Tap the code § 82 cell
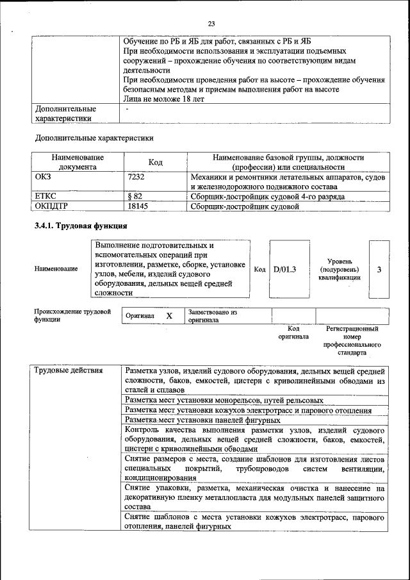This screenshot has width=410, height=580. pyautogui.click(x=135, y=196)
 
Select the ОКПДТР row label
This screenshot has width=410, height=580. pyautogui.click(x=52, y=206)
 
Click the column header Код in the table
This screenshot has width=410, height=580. pyautogui.click(x=154, y=162)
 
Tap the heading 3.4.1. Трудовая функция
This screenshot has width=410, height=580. pyautogui.click(x=81, y=226)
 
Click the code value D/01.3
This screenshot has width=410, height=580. pyautogui.click(x=285, y=270)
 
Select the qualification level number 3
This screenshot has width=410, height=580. pyautogui.click(x=379, y=270)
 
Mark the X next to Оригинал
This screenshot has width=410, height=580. pyautogui.click(x=169, y=316)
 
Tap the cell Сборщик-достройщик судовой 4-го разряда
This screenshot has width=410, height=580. pyautogui.click(x=267, y=196)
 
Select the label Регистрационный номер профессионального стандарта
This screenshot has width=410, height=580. pyautogui.click(x=352, y=340)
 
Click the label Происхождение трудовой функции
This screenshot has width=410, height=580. pyautogui.click(x=72, y=315)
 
